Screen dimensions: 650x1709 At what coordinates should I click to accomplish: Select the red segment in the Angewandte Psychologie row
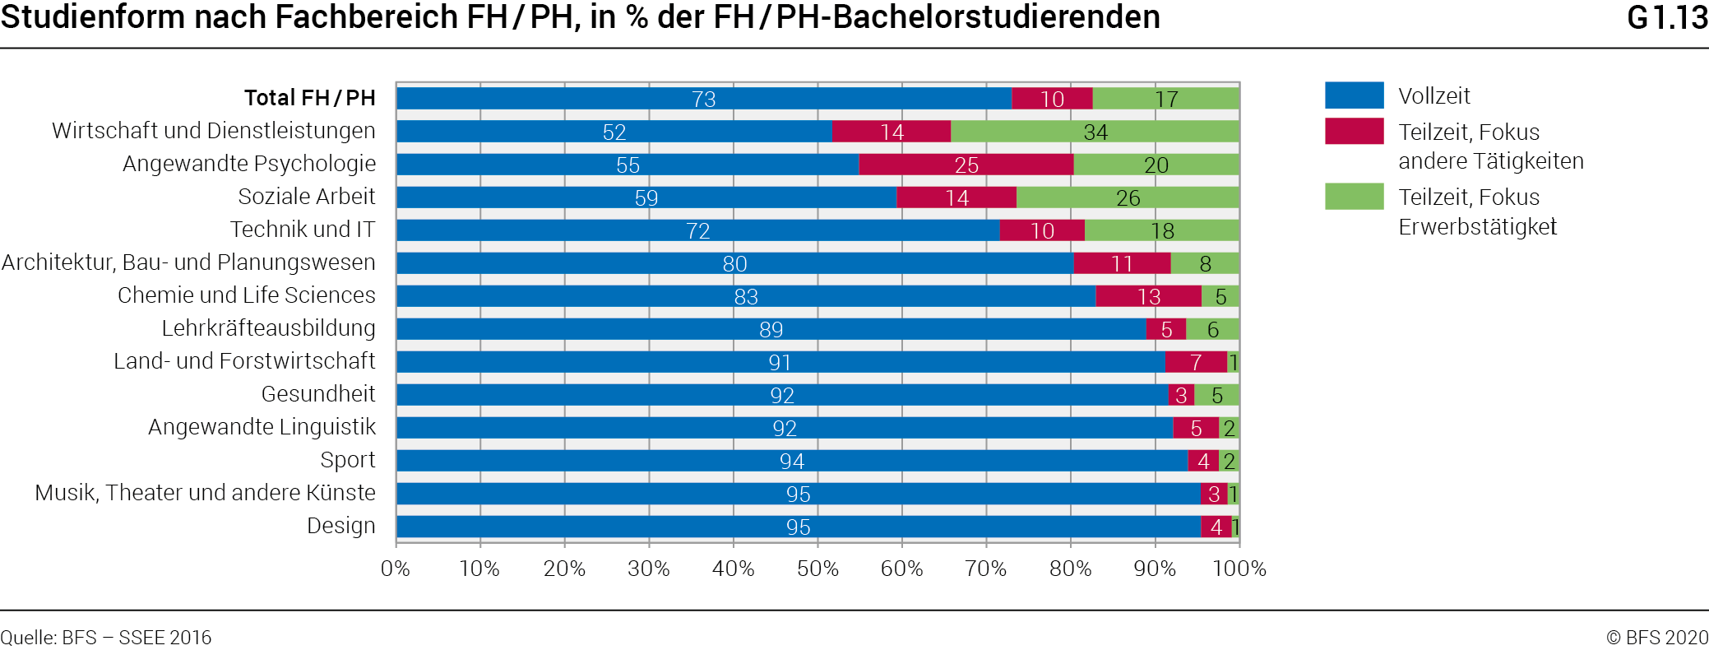coord(966,165)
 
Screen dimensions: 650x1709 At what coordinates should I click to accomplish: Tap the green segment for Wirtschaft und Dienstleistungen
coord(1095,132)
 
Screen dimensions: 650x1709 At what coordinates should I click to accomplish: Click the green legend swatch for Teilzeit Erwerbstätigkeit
coord(1354,197)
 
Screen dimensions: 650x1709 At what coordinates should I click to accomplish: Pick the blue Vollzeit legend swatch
coord(1354,95)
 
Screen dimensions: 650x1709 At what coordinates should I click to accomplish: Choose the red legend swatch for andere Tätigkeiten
coord(1354,132)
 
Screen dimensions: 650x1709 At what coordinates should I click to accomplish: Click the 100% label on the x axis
coord(1239,568)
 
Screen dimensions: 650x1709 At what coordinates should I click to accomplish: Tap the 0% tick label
coord(396,568)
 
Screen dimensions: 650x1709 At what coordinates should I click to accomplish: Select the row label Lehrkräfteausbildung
coord(268,328)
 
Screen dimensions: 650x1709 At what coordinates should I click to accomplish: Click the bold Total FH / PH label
coord(309,98)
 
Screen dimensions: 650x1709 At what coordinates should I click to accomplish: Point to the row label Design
coord(340,526)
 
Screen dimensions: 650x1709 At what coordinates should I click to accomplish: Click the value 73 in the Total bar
coord(704,99)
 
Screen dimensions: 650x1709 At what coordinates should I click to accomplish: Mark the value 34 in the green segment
coord(1095,132)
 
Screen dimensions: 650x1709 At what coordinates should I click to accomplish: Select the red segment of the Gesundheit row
coord(1181,395)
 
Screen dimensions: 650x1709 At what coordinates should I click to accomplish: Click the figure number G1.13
coord(1667,17)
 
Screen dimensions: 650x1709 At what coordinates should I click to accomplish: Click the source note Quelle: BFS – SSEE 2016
coord(106,638)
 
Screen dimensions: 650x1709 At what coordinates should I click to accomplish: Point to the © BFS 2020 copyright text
coord(1656,638)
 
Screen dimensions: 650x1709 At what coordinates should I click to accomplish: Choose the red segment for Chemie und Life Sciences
coord(1148,296)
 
